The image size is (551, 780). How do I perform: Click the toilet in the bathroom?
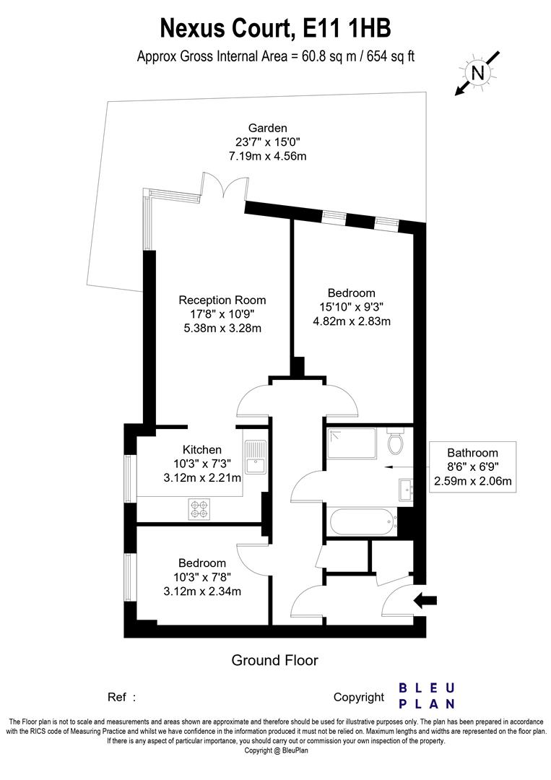[396, 441]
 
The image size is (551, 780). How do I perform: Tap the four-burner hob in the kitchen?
[199, 509]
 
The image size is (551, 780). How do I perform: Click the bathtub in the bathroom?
[362, 521]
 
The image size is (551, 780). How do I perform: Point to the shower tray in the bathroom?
[352, 443]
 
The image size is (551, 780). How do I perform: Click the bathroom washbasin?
[405, 490]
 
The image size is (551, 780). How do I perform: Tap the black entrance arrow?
[425, 600]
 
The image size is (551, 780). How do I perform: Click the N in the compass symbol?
[477, 73]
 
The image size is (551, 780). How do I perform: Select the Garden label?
[267, 128]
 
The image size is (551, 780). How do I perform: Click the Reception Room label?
[222, 300]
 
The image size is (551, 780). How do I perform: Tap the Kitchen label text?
[202, 450]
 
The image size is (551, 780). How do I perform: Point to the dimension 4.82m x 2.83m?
[352, 321]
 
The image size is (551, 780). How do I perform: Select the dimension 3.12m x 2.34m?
[202, 591]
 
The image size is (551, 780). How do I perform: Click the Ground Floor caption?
[275, 660]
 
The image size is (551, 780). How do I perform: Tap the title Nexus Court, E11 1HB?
[276, 28]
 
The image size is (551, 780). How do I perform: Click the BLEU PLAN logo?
[427, 696]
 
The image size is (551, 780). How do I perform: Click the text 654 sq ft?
[391, 56]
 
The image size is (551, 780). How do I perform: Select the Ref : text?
[122, 697]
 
